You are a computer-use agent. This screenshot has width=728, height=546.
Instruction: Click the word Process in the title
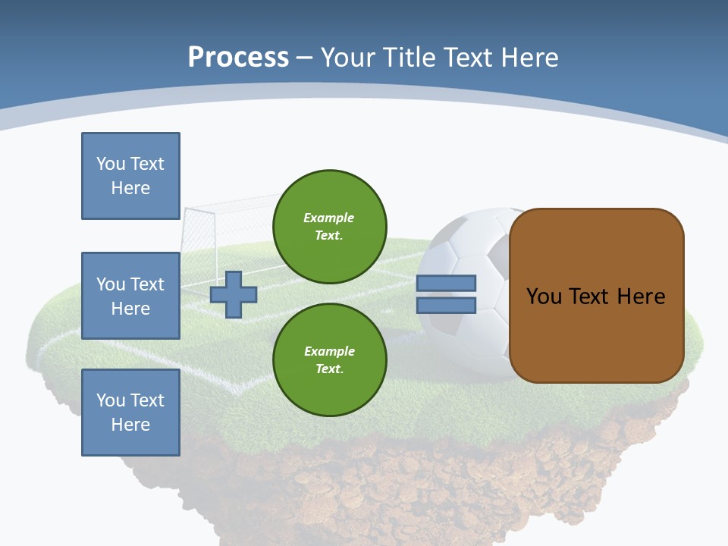[x=238, y=58]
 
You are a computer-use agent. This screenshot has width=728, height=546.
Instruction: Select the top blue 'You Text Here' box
[x=130, y=176]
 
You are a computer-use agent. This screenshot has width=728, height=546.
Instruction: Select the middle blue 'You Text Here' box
[x=130, y=296]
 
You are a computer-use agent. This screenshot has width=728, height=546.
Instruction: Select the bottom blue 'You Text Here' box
[x=130, y=413]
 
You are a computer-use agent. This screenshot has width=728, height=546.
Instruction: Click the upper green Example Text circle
[x=330, y=227]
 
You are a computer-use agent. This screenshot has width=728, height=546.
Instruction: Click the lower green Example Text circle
[x=330, y=359]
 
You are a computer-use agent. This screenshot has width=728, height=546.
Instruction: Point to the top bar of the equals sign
[x=447, y=283]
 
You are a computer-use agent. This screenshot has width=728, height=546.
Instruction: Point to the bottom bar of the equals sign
[x=447, y=305]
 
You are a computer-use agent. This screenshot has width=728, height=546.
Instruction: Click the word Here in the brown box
[x=641, y=297]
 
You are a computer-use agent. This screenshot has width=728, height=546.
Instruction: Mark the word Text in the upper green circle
[x=329, y=236]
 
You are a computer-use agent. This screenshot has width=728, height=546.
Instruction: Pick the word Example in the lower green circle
[x=329, y=351]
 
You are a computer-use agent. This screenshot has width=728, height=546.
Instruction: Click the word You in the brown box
[x=544, y=297]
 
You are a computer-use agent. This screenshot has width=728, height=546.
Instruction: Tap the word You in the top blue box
[x=110, y=164]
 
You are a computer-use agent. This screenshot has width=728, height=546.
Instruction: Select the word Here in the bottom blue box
[x=130, y=425]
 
